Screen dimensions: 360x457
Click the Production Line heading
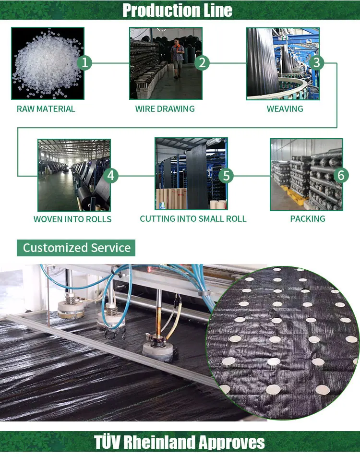(177, 10)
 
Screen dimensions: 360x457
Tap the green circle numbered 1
(84, 62)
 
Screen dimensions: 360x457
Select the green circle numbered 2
(202, 62)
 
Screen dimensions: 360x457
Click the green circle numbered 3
(316, 62)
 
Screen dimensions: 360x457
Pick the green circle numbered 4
(111, 176)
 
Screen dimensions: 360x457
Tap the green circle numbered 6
(341, 176)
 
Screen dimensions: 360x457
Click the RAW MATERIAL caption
(46, 109)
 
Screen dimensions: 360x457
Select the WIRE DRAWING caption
(165, 109)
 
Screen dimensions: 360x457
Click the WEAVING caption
(285, 109)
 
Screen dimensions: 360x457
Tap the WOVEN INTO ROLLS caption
(72, 219)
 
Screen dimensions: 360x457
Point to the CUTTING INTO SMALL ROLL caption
(193, 219)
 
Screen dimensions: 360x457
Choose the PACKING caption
(308, 219)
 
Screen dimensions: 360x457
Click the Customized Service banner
(77, 248)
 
